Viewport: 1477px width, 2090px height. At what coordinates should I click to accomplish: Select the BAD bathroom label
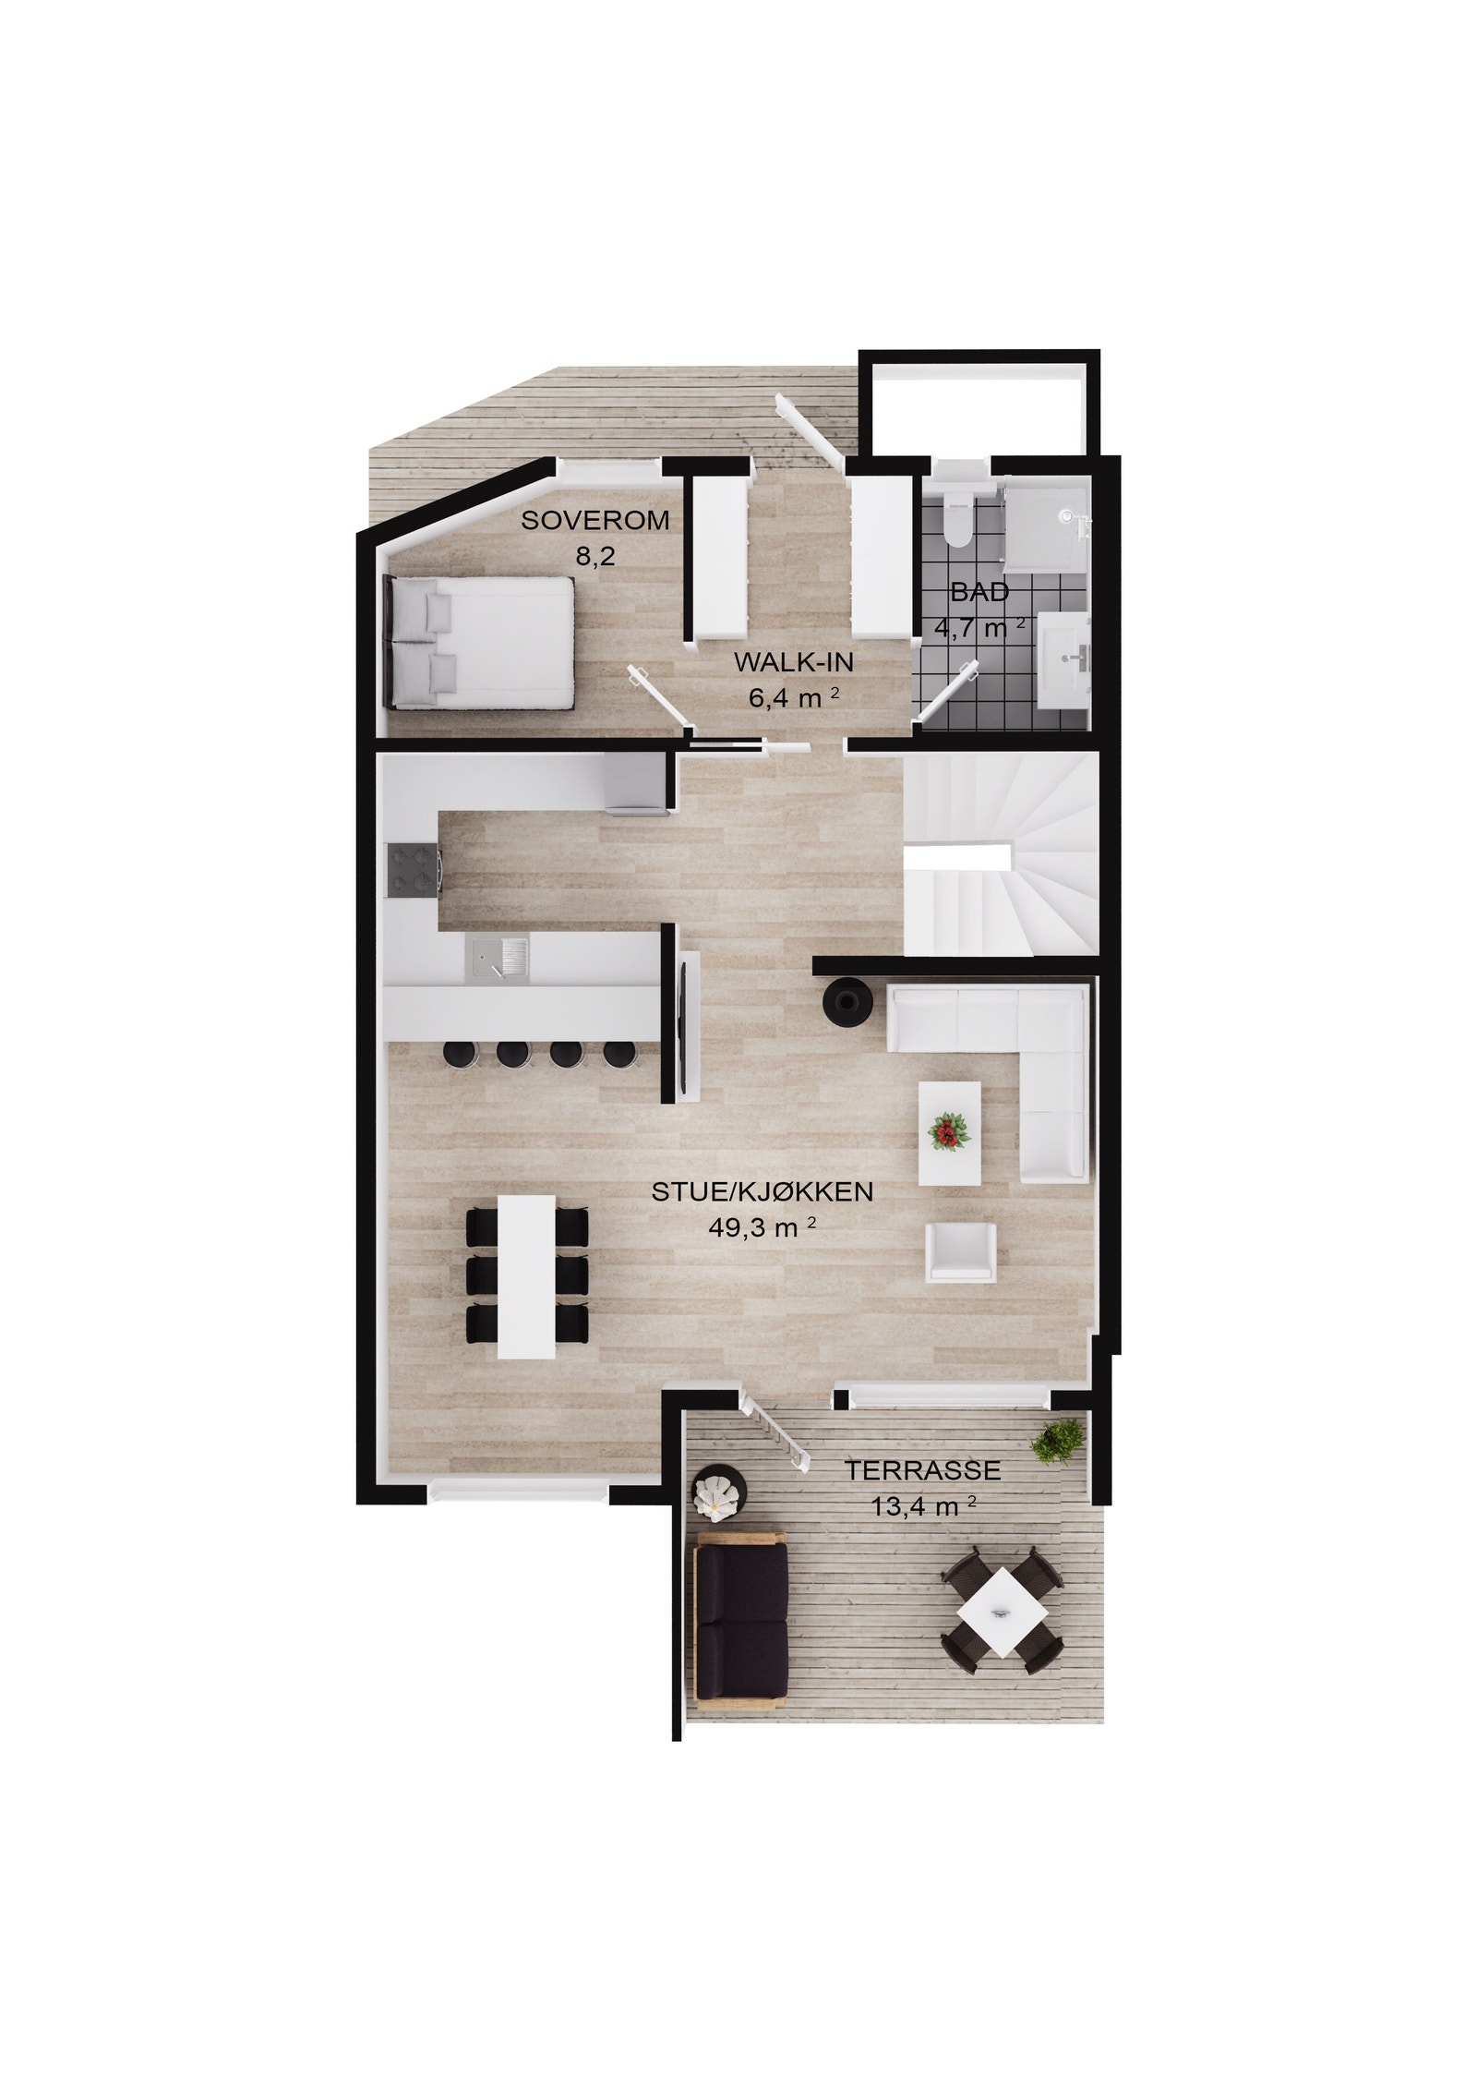click(979, 592)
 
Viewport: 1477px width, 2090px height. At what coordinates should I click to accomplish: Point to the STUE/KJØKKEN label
click(762, 1192)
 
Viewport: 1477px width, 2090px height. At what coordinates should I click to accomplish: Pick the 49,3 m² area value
click(762, 1227)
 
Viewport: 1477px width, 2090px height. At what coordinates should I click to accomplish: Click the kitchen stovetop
click(413, 870)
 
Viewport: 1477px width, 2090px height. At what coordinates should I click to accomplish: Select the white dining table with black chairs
click(526, 1277)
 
